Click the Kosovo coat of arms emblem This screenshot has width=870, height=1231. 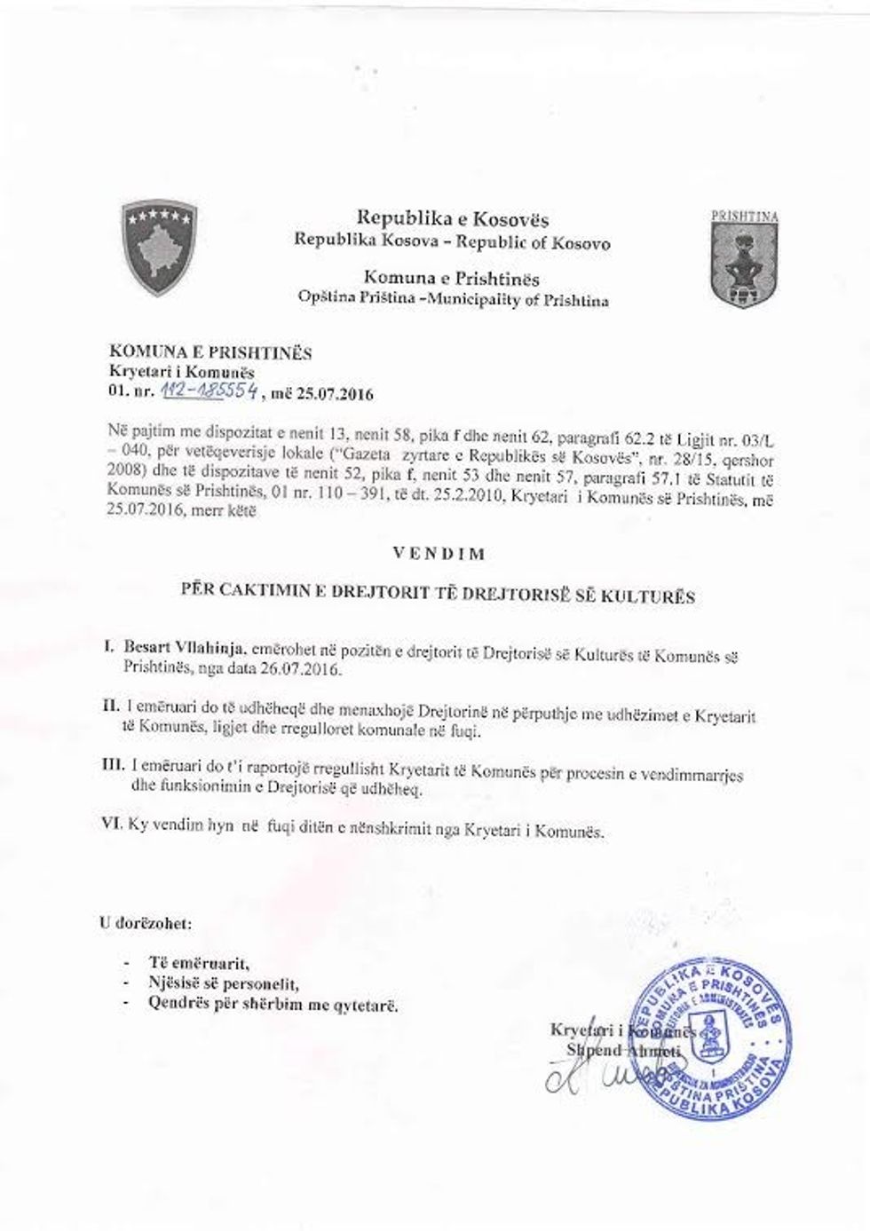pos(159,249)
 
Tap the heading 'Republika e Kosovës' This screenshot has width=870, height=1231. pos(453,218)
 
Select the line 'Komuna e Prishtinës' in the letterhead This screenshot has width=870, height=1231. pos(453,280)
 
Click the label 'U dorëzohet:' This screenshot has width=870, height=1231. pos(144,923)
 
